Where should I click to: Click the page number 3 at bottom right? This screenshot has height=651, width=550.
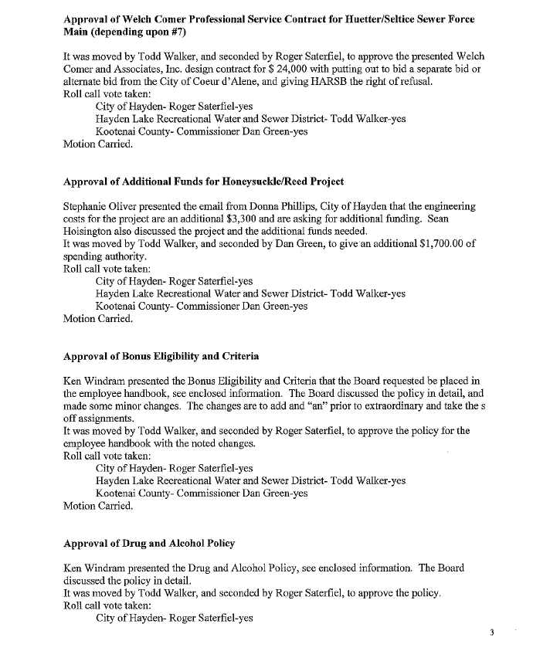pos(491,632)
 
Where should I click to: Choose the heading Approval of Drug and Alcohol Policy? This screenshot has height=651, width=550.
pos(149,544)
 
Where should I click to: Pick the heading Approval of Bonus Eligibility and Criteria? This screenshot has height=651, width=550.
pos(161,357)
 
